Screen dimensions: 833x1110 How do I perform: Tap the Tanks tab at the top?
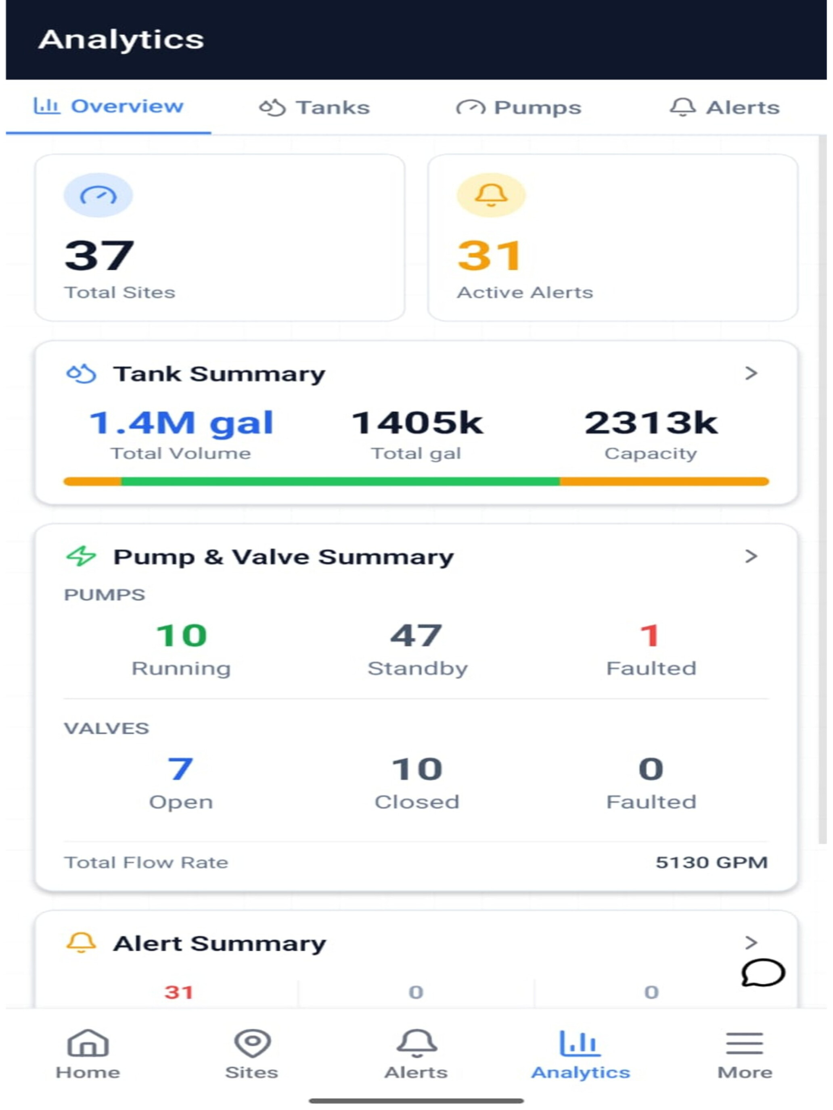coord(314,107)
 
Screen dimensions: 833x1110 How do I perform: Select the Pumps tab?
coord(519,107)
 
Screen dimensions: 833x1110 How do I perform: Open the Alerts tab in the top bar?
coord(724,107)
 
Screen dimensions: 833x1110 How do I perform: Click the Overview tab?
coord(109,106)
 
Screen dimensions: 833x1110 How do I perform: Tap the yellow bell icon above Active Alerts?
coord(491,195)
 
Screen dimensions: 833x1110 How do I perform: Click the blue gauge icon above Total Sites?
coord(98,195)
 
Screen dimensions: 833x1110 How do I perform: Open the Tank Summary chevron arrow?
coord(751,373)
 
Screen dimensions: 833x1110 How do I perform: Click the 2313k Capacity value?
coord(651,423)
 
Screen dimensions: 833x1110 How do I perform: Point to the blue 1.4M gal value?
coord(181,423)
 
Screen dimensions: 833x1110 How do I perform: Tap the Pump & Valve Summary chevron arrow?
coord(751,556)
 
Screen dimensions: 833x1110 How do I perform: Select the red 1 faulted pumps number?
coord(650,635)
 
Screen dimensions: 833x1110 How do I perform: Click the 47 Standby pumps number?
coord(416,635)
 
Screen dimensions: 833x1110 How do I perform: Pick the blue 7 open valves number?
coord(180,769)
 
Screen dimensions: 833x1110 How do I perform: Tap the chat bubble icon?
coord(763,973)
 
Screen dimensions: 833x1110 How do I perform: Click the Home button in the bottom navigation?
coord(88,1054)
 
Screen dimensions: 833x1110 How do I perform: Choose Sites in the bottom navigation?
coord(252,1054)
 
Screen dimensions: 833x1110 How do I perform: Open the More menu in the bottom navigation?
coord(745,1054)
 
